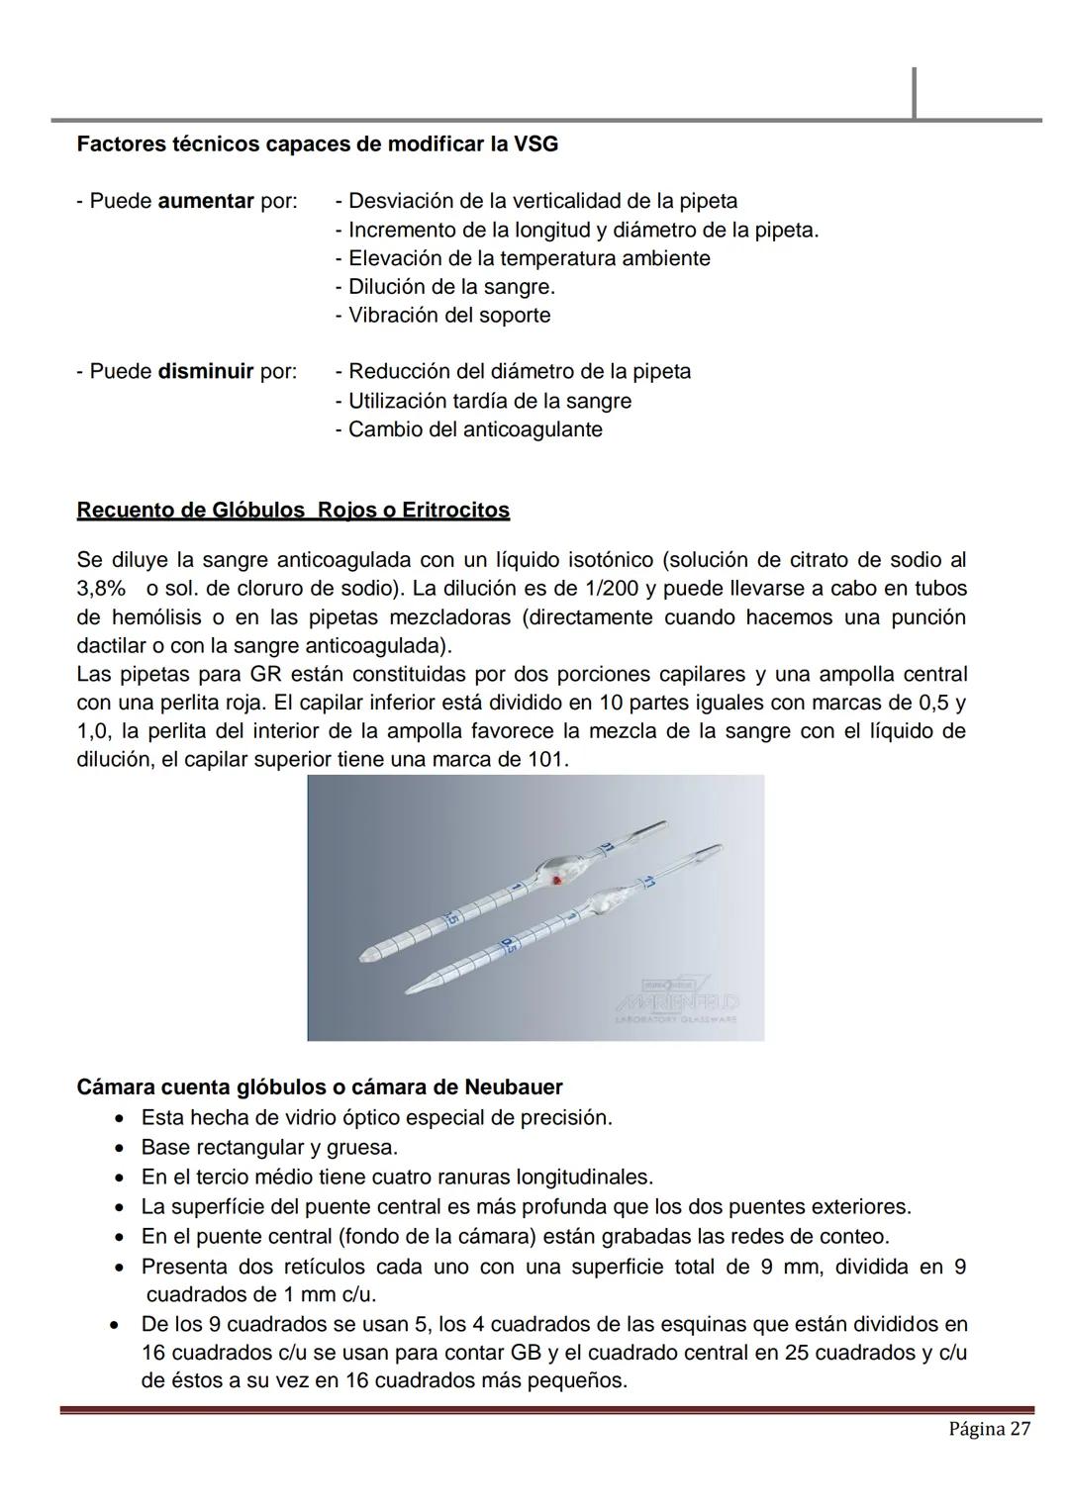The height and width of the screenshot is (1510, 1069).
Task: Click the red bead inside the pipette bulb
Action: pos(558,879)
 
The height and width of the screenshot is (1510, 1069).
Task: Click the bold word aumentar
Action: pos(206,201)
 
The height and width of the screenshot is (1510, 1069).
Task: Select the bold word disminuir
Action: pos(206,372)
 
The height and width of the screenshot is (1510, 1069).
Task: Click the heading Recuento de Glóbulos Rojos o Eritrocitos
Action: pos(293,511)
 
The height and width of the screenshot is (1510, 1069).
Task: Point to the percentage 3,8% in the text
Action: pos(101,589)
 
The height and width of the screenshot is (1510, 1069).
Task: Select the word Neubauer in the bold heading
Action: pos(513,1087)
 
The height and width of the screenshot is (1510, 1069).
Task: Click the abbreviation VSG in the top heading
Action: pos(535,144)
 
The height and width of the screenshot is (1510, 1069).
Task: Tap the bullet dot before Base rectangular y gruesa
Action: pos(119,1148)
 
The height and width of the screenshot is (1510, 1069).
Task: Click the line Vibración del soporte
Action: pos(442,316)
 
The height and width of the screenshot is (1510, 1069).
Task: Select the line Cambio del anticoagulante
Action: pos(468,429)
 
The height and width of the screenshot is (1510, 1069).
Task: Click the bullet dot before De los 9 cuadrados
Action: pos(117,1324)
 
